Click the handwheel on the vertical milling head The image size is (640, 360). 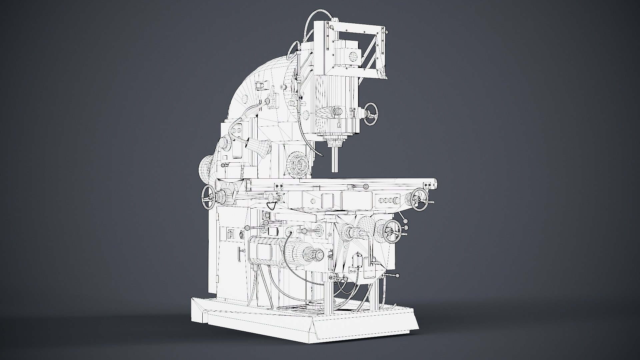pyautogui.click(x=371, y=114)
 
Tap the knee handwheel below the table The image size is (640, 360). pyautogui.click(x=392, y=232)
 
